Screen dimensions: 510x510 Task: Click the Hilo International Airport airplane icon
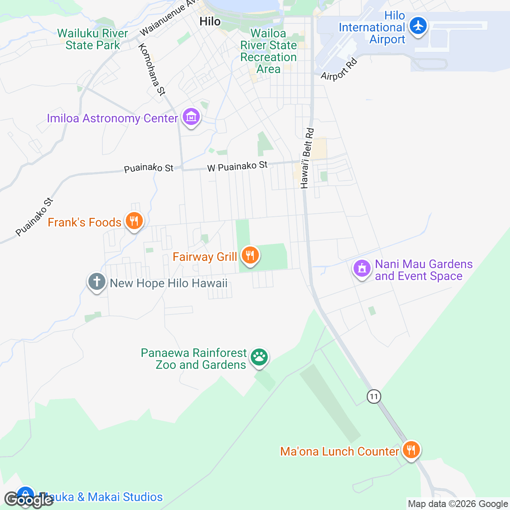pyautogui.click(x=419, y=25)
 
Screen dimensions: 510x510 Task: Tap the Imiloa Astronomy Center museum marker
pyautogui.click(x=191, y=116)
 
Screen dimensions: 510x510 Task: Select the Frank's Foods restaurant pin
pyautogui.click(x=134, y=221)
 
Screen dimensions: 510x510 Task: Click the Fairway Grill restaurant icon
pyautogui.click(x=250, y=255)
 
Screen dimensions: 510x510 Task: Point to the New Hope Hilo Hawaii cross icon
pyautogui.click(x=96, y=282)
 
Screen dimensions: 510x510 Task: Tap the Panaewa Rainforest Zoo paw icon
pyautogui.click(x=259, y=357)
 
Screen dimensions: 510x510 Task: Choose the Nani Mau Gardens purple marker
pyautogui.click(x=362, y=269)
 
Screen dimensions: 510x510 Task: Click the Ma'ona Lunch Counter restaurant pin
pyautogui.click(x=411, y=449)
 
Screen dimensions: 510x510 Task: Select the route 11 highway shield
pyautogui.click(x=374, y=397)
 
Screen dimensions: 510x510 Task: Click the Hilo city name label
pyautogui.click(x=210, y=22)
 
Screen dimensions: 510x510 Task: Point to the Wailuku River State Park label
pyautogui.click(x=93, y=39)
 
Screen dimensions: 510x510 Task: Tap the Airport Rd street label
pyautogui.click(x=339, y=69)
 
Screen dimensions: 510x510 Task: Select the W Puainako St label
pyautogui.click(x=238, y=166)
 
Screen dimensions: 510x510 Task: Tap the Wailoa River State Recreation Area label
pyautogui.click(x=269, y=51)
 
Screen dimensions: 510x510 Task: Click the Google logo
pyautogui.click(x=28, y=500)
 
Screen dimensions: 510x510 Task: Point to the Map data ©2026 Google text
pyautogui.click(x=458, y=504)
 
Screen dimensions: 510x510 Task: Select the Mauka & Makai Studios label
pyautogui.click(x=101, y=497)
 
